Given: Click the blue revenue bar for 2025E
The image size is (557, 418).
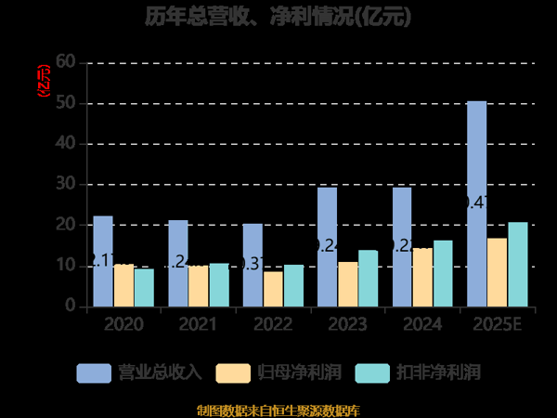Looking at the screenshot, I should click(x=476, y=203).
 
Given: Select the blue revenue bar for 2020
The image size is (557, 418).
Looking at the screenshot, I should click(x=103, y=261).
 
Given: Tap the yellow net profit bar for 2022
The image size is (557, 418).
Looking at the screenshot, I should click(x=273, y=289).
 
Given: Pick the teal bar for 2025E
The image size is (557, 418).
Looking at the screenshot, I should click(x=517, y=264).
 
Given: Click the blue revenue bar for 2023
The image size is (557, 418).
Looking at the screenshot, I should click(x=327, y=247).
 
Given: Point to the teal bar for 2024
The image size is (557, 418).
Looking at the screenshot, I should click(x=443, y=273).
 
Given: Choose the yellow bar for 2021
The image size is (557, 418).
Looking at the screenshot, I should click(x=198, y=286).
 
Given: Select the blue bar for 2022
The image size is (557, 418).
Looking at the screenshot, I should click(x=253, y=265).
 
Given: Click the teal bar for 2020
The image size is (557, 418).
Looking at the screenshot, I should click(x=144, y=287).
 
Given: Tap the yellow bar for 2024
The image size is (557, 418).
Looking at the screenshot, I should click(x=422, y=277).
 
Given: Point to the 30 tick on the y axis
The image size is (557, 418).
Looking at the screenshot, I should click(x=65, y=184).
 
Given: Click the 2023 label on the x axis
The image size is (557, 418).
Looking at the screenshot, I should click(x=346, y=324).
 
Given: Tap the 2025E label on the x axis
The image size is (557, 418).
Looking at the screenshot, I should click(x=497, y=324).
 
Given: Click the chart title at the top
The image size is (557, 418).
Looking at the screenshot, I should click(x=278, y=17).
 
